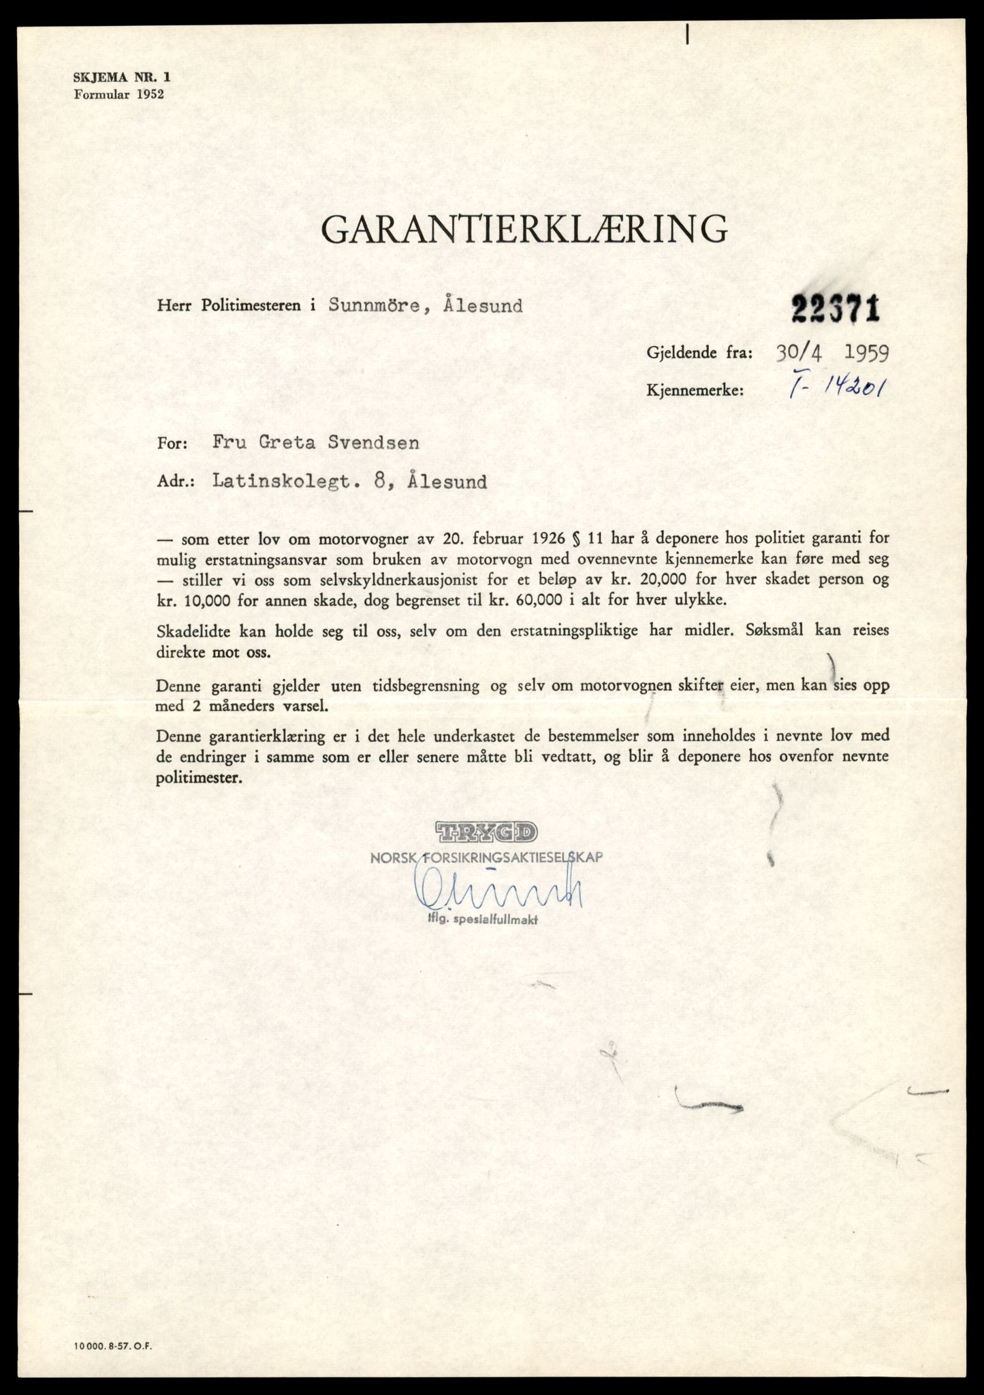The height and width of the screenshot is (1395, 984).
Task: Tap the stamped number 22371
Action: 835,310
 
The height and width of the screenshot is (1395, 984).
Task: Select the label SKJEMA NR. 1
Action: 122,78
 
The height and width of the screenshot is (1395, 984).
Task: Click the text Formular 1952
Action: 118,95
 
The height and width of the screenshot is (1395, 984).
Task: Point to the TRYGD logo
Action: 486,832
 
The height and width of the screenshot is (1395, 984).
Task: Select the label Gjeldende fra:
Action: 700,353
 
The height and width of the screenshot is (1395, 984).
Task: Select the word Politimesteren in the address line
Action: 251,306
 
